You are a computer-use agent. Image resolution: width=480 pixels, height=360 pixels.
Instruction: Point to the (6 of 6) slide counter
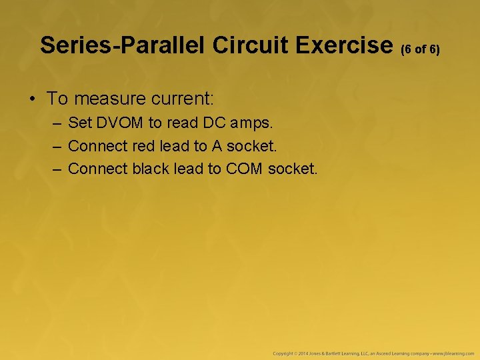[x=420, y=49]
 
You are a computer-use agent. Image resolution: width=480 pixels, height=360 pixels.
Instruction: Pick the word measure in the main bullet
[x=107, y=99]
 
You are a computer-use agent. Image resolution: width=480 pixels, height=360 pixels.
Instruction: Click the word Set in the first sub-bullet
[x=80, y=123]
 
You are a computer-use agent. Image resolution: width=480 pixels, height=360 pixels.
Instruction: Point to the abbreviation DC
[x=205, y=123]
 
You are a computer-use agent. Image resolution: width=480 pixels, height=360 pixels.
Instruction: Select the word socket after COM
[x=293, y=169]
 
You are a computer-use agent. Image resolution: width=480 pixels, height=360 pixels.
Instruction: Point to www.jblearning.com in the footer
[x=451, y=352]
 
